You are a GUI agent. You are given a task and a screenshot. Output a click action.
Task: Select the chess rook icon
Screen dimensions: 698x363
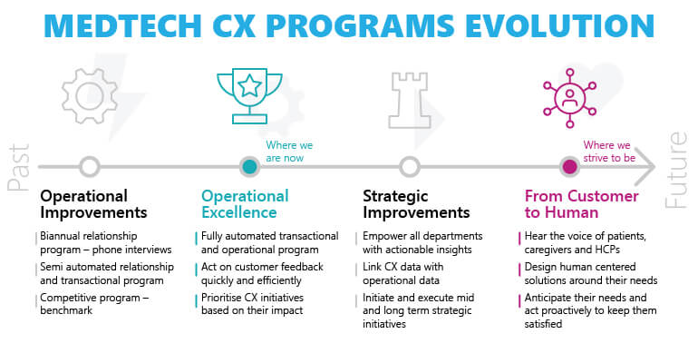click(410, 100)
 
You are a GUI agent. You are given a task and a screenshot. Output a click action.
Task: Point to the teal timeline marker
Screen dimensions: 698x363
click(249, 167)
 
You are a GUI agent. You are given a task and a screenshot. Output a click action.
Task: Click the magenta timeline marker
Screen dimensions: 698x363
click(569, 167)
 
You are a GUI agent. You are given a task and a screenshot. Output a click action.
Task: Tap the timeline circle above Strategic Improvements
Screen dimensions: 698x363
click(410, 167)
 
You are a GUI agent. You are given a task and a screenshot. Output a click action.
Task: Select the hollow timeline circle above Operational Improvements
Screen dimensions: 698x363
click(90, 167)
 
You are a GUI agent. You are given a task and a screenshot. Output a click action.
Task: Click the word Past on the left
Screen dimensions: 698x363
click(19, 168)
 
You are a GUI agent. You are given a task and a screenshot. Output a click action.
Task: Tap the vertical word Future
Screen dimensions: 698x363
click(676, 170)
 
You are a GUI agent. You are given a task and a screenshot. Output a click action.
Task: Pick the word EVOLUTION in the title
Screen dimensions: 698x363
click(559, 25)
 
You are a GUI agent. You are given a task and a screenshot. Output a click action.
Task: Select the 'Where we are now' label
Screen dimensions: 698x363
click(289, 152)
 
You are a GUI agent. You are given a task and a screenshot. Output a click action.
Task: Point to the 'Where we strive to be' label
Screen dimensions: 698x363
click(609, 152)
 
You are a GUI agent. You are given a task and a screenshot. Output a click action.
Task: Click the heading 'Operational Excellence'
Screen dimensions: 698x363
click(245, 204)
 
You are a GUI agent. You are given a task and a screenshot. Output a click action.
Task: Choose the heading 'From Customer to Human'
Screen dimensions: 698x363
click(581, 204)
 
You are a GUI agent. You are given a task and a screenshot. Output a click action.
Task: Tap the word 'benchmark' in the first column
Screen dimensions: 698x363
click(66, 310)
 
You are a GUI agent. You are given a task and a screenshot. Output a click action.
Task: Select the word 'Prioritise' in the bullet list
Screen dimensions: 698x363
click(221, 298)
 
